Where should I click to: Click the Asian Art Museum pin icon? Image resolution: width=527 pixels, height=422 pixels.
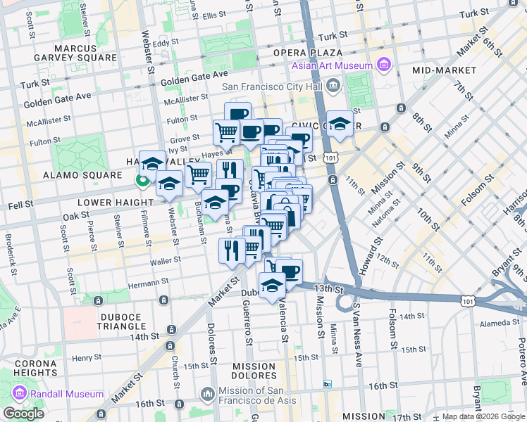coord(384,66)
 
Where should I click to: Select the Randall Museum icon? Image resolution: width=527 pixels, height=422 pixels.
coord(19,394)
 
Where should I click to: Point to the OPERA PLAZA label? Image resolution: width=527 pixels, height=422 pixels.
coord(309,53)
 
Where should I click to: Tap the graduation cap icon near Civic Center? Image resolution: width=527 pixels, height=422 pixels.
coord(340,124)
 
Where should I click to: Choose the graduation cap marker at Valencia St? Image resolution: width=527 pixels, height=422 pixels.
coord(272,286)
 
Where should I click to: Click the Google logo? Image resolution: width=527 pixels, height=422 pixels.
coord(24,414)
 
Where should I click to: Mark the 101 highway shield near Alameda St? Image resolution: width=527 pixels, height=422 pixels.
coord(469,300)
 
